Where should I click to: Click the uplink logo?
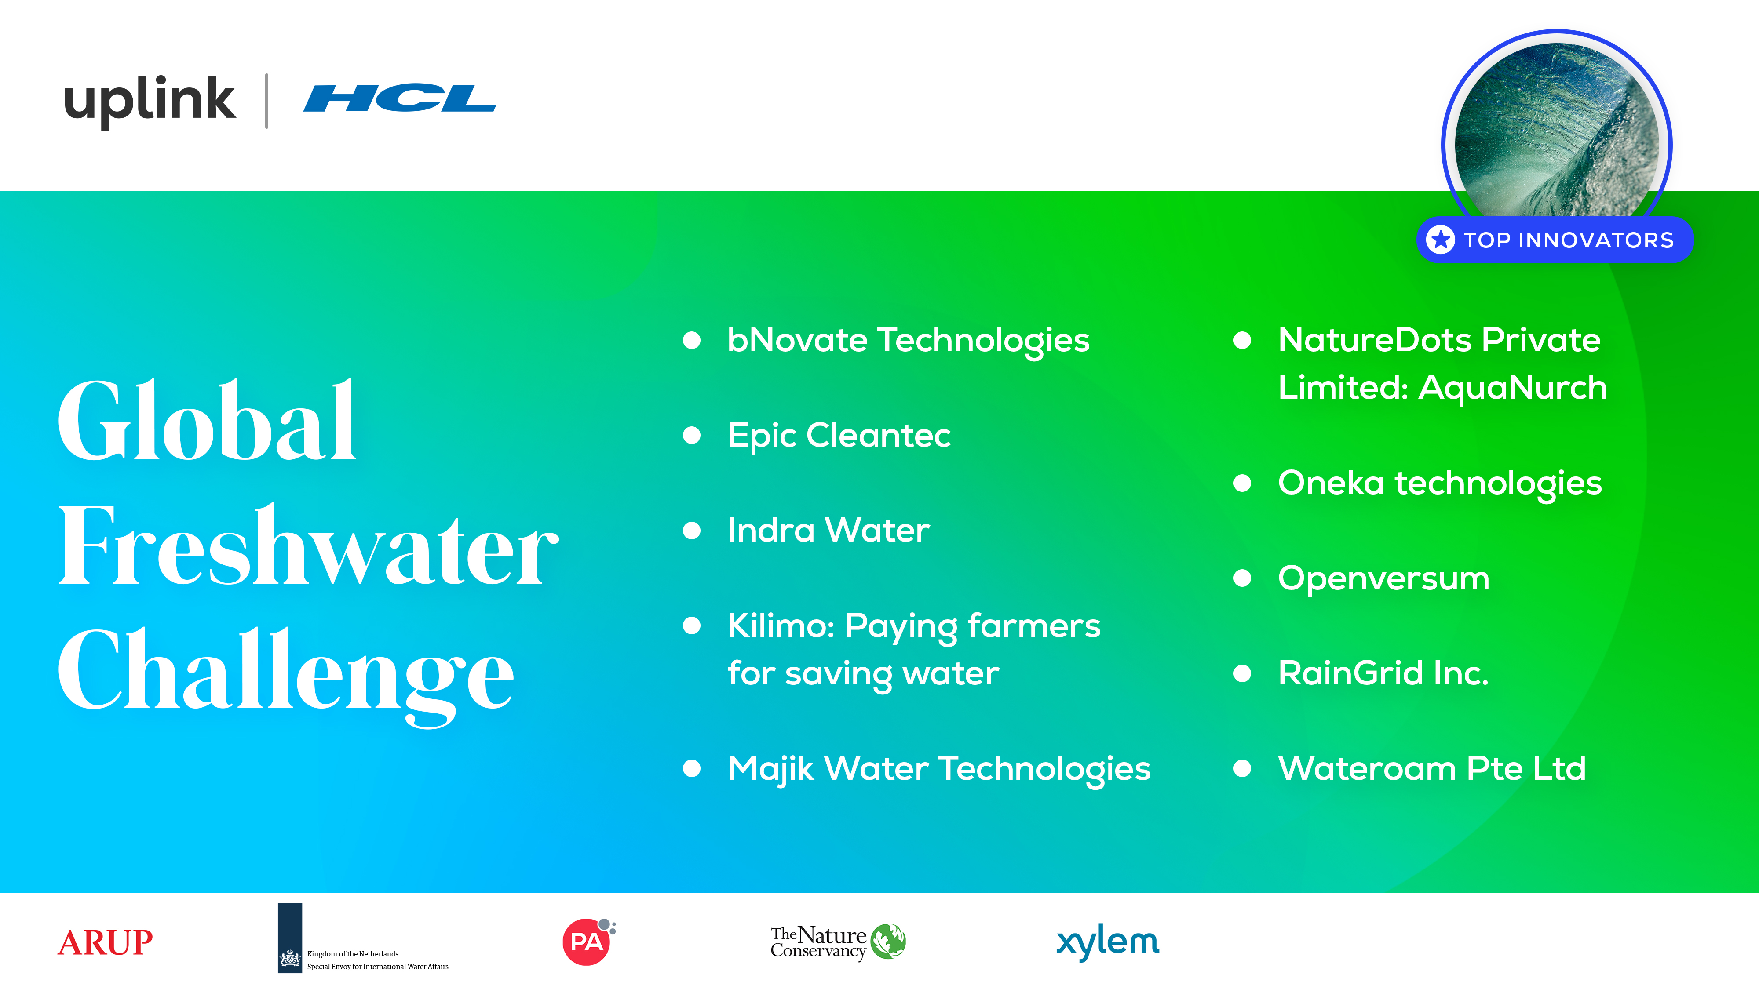tap(150, 101)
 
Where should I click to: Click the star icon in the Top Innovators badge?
tap(1441, 240)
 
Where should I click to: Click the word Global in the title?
tap(207, 421)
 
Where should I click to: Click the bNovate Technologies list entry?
tap(908, 341)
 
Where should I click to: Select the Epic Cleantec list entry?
tap(839, 436)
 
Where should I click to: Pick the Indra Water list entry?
tap(828, 531)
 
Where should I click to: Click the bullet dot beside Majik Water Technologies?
tap(692, 768)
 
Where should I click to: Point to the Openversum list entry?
tap(1383, 579)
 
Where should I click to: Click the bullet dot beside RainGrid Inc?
tap(1242, 674)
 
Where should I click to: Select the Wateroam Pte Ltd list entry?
tap(1432, 768)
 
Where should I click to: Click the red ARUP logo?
tap(105, 942)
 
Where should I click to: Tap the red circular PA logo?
tap(586, 942)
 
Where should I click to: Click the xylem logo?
tap(1108, 942)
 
